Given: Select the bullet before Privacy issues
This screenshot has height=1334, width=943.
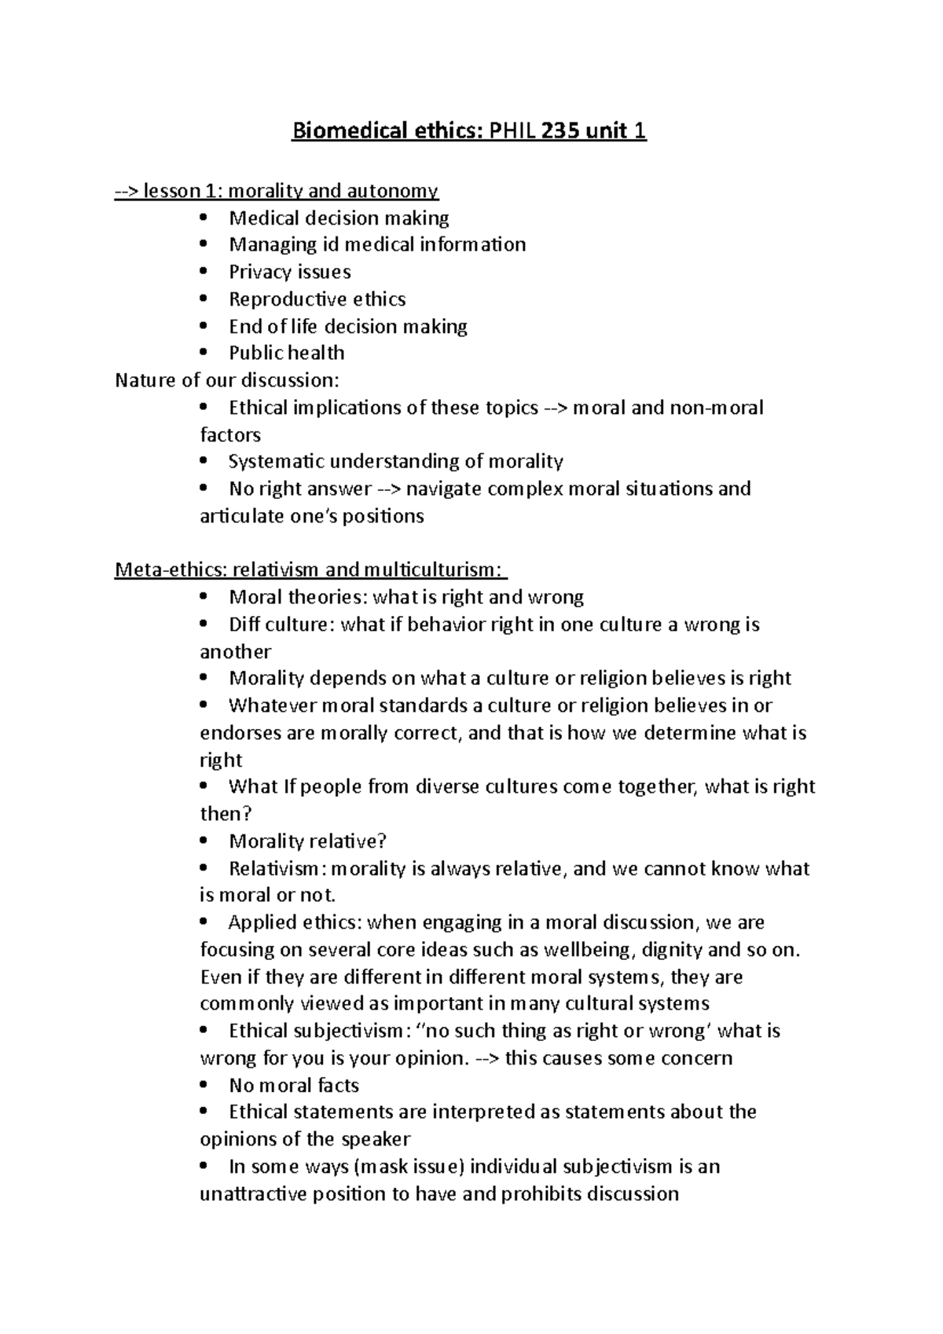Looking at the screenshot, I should pyautogui.click(x=205, y=272).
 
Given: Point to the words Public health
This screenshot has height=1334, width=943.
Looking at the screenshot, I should pyautogui.click(x=286, y=353).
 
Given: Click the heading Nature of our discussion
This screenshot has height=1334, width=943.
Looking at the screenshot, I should pyautogui.click(x=227, y=380).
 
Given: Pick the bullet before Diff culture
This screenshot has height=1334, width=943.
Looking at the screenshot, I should pyautogui.click(x=205, y=625).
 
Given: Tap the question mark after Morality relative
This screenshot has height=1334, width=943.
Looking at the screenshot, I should pyautogui.click(x=382, y=841).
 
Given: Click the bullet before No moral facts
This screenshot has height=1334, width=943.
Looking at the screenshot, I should pyautogui.click(x=205, y=1085).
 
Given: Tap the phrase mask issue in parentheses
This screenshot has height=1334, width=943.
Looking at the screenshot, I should pyautogui.click(x=408, y=1167).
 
